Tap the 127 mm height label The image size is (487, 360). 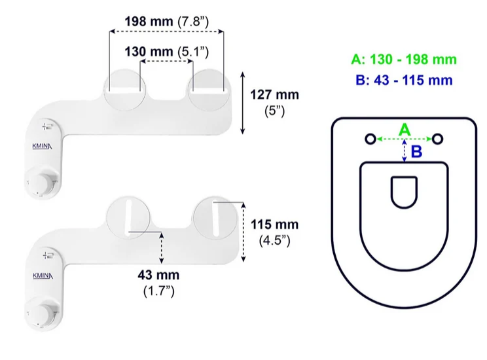(x=274, y=95)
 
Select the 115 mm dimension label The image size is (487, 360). (x=274, y=225)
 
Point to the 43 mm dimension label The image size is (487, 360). (x=158, y=275)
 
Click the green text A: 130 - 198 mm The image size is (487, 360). (x=404, y=60)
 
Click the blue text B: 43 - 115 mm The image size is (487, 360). (x=404, y=80)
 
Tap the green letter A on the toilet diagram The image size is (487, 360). (x=405, y=130)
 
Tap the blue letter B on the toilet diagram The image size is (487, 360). (x=416, y=152)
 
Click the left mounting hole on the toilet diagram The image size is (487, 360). (x=370, y=139)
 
